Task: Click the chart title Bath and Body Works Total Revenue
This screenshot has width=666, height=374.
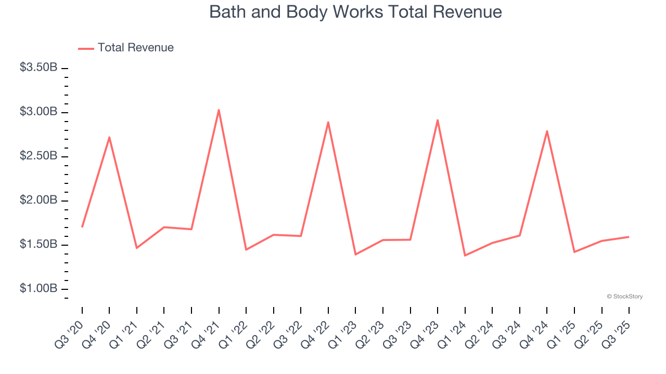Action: point(355,12)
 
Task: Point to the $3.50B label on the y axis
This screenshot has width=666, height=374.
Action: point(39,68)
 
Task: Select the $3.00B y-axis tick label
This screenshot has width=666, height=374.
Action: point(39,112)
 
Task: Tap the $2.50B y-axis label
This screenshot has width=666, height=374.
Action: point(39,156)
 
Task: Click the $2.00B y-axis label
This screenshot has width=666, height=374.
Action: point(39,201)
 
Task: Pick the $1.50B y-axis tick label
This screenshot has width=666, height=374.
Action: point(39,245)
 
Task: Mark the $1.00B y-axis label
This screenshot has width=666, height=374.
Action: point(39,289)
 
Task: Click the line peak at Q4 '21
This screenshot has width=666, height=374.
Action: point(219,110)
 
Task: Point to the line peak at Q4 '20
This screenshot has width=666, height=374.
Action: point(109,137)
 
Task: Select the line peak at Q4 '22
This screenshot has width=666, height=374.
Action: point(328,122)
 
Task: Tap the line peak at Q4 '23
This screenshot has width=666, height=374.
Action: point(438,120)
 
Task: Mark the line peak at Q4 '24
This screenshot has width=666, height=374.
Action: point(547,131)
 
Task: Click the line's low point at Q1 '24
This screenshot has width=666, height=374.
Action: point(465,256)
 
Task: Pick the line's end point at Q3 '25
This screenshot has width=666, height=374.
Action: point(629,237)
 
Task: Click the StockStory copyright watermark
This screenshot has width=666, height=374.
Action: point(624,297)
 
